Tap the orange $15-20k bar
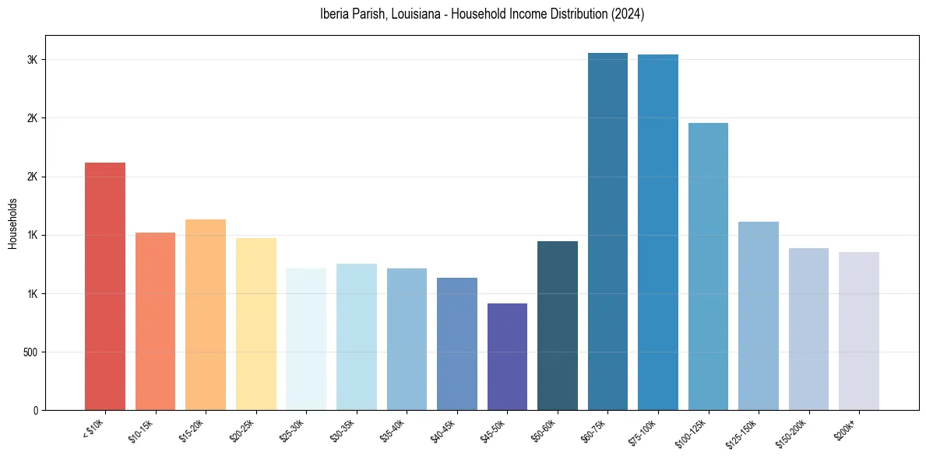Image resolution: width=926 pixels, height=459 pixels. pos(206,314)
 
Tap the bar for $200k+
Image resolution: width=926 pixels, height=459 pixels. pos(859,331)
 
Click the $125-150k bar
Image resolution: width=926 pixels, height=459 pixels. pos(759,316)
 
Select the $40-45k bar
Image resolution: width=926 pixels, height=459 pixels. pos(457,344)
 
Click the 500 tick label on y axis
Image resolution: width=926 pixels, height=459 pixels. pos(30,352)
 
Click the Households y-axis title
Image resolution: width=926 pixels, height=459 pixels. pos(13,223)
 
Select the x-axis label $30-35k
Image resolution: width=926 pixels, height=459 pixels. pos(341,431)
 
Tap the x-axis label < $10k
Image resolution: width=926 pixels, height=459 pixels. pos(93,428)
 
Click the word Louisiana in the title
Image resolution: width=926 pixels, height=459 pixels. pos(404,14)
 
